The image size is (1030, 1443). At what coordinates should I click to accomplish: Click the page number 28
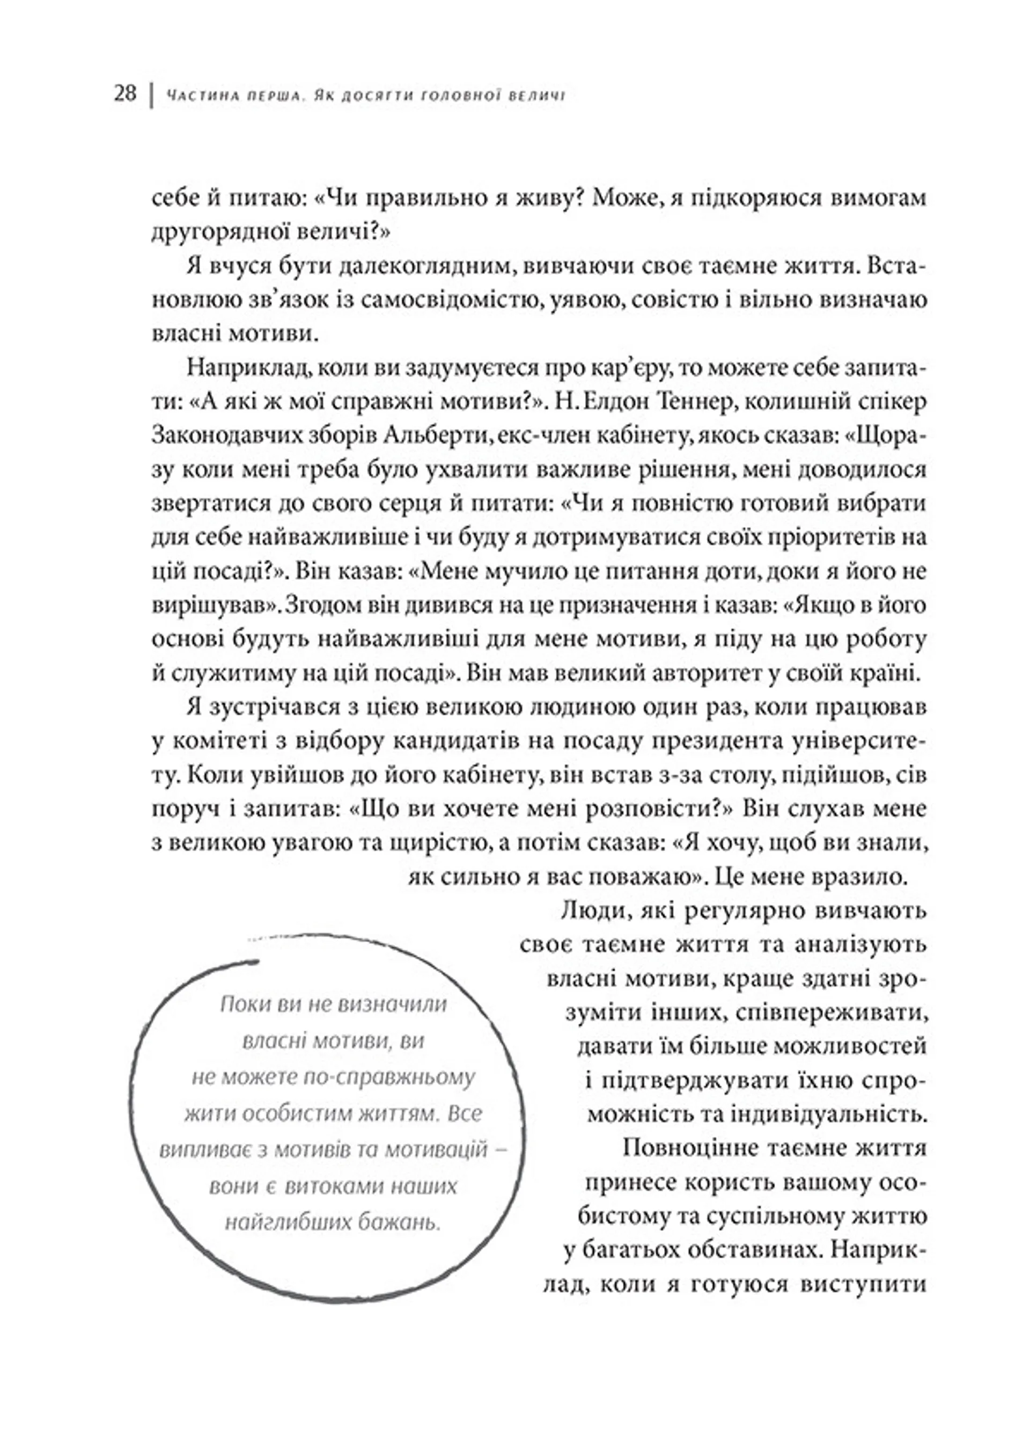(x=125, y=94)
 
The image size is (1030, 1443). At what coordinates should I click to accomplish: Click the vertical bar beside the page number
(x=150, y=95)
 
